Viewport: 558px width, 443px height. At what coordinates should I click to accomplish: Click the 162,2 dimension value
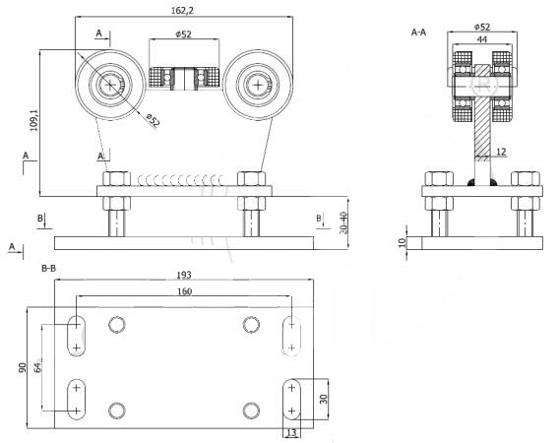pos(183,10)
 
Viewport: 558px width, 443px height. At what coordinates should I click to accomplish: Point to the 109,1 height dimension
pos(33,120)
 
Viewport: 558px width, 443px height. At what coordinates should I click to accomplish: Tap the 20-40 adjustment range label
pos(343,222)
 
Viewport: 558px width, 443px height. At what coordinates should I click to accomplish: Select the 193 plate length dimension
pos(184,275)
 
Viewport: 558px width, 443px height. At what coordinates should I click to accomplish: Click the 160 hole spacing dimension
pos(184,291)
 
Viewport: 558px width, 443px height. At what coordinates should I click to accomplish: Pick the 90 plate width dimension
pos(22,367)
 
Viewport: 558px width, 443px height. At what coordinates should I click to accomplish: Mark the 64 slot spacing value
pos(37,367)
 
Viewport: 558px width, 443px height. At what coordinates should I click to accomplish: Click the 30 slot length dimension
pos(323,399)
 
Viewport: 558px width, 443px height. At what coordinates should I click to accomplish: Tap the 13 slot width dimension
pos(291,433)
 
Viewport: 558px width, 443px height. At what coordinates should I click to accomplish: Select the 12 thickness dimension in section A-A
pos(501,152)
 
